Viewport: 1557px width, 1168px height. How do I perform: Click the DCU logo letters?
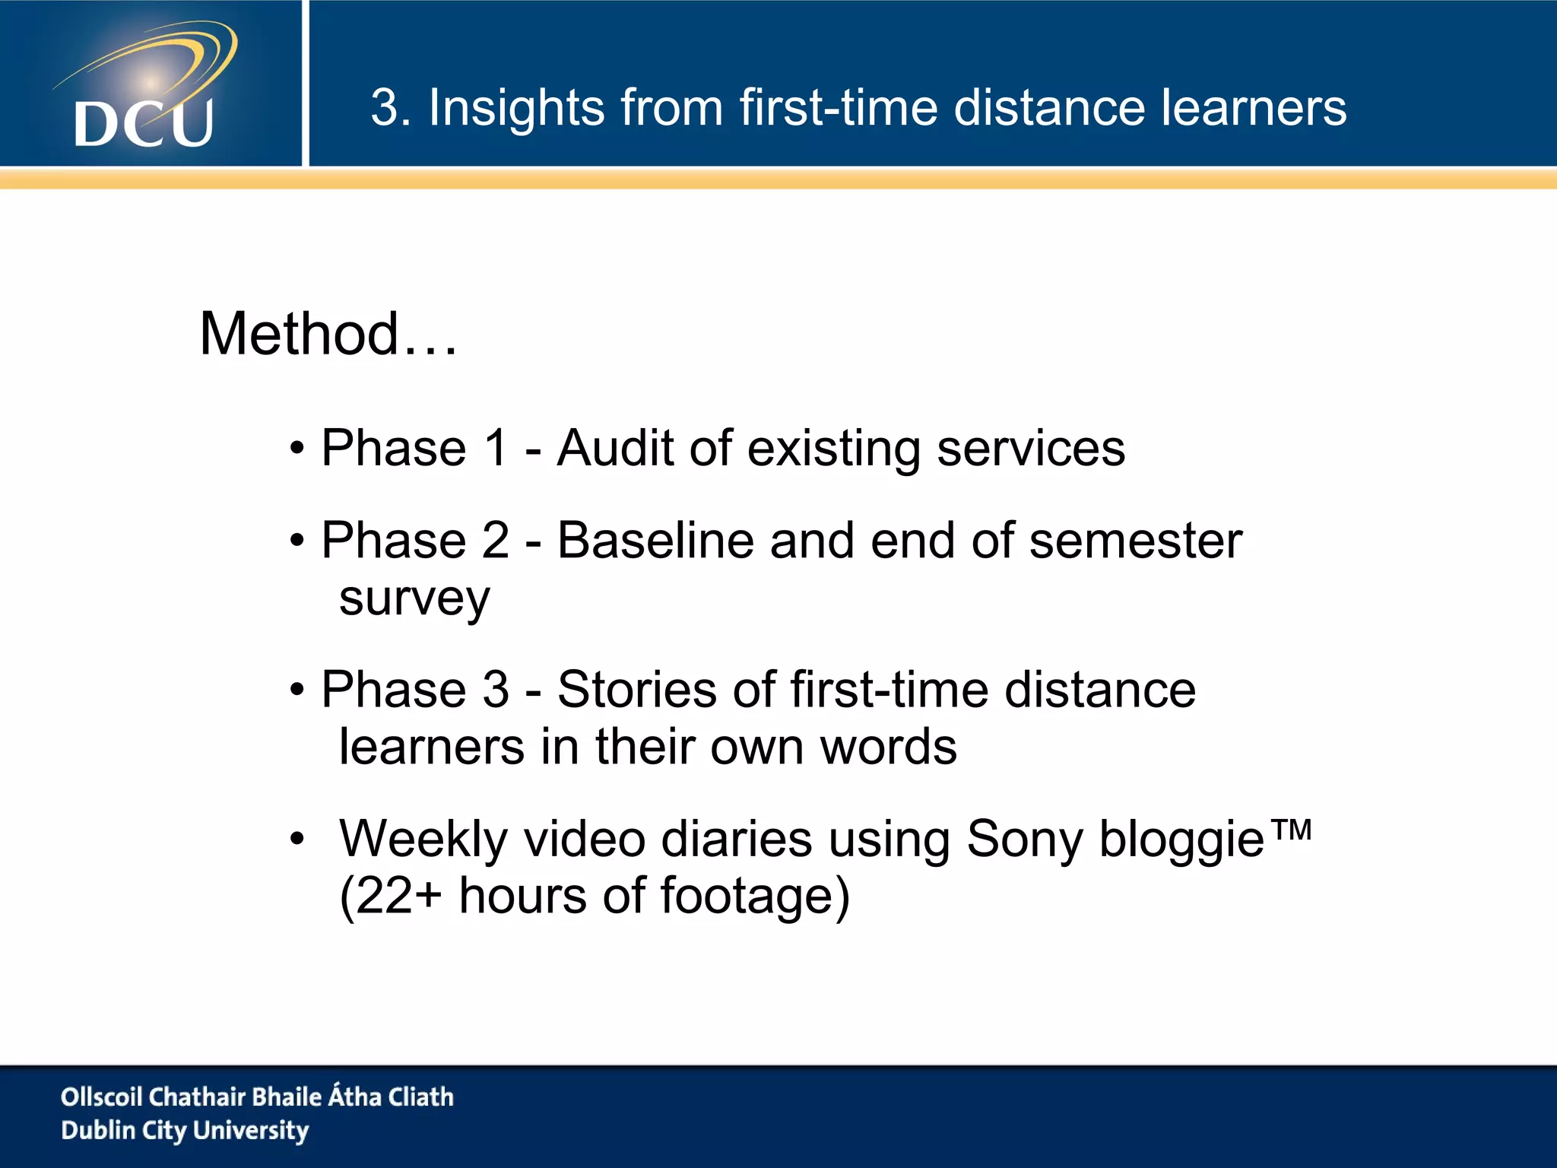(144, 123)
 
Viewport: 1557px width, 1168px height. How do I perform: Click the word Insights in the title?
(516, 107)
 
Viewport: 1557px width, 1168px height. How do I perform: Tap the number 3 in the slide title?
(385, 107)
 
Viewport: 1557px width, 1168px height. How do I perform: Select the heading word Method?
(299, 334)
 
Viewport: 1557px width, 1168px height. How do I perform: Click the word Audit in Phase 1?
(615, 448)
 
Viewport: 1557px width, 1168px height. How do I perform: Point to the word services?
(1030, 449)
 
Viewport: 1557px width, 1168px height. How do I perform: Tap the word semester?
(1135, 541)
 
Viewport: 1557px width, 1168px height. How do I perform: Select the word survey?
(414, 599)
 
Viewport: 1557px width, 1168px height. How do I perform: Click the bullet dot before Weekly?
(296, 839)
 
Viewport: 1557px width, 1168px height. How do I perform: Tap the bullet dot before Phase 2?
(296, 541)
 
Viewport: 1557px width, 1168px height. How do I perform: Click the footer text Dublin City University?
(185, 1131)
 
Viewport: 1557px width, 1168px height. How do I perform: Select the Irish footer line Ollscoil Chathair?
(257, 1097)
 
